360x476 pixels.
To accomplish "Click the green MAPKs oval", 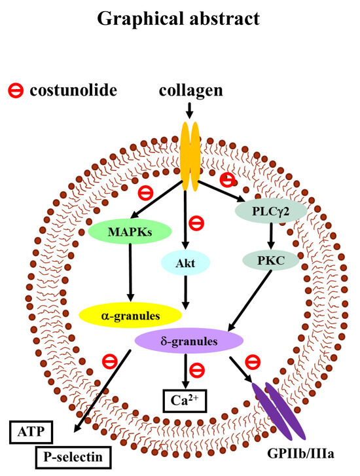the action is pyautogui.click(x=130, y=231).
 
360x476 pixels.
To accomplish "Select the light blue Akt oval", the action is pyautogui.click(x=185, y=263).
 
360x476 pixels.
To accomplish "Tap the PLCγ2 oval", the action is pyautogui.click(x=271, y=211).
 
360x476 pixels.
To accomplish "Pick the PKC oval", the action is pyautogui.click(x=271, y=261).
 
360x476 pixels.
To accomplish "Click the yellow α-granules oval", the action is pyautogui.click(x=130, y=316).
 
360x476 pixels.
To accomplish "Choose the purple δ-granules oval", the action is pyautogui.click(x=189, y=341).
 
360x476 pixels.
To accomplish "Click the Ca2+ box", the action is pyautogui.click(x=185, y=401).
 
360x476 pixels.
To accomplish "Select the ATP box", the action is pyautogui.click(x=31, y=432).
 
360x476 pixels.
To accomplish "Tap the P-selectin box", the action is pyautogui.click(x=73, y=457).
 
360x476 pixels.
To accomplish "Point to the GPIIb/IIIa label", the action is pyautogui.click(x=300, y=454).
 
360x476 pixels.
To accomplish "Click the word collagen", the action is pyautogui.click(x=190, y=90).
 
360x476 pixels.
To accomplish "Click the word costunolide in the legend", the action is pyautogui.click(x=73, y=90).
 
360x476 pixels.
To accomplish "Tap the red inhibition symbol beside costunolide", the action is pyautogui.click(x=16, y=90).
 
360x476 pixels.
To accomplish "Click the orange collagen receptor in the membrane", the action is pyautogui.click(x=190, y=156).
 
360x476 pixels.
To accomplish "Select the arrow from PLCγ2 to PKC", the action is pyautogui.click(x=271, y=236).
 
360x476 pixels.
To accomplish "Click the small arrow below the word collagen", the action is pyautogui.click(x=189, y=111).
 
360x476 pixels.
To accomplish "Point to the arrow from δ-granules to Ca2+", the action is pyautogui.click(x=185, y=371).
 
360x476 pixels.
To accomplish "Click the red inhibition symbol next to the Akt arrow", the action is pyautogui.click(x=196, y=223).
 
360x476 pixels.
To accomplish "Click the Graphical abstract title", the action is pyautogui.click(x=179, y=19).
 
